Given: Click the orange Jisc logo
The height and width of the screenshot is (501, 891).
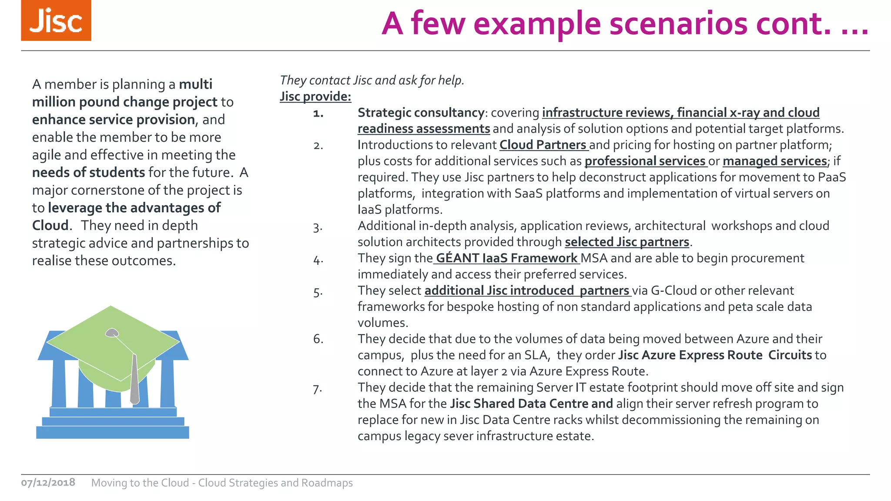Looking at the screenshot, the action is click(56, 20).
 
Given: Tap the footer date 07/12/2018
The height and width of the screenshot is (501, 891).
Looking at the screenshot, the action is click(48, 482).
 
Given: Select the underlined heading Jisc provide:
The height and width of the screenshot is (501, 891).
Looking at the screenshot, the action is click(315, 96).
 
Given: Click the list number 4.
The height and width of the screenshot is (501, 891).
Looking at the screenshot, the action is click(318, 260).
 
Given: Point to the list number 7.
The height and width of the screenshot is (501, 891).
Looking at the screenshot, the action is click(318, 388).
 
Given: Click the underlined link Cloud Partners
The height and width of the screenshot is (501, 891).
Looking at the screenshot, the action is click(543, 145).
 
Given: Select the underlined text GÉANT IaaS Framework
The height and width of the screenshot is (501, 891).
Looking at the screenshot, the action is click(506, 258).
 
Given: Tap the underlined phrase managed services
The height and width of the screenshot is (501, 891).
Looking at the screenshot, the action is click(774, 161).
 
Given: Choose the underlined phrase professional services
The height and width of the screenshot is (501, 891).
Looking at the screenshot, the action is click(645, 161).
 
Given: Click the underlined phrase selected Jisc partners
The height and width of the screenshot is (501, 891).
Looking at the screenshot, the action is click(627, 242).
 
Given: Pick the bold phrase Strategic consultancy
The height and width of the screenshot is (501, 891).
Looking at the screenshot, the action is click(421, 113).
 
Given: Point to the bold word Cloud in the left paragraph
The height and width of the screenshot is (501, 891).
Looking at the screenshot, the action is click(50, 225).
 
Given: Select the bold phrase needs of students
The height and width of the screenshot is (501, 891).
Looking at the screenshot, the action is click(88, 172).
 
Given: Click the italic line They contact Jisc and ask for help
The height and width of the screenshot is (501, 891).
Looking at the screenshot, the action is click(372, 80).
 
